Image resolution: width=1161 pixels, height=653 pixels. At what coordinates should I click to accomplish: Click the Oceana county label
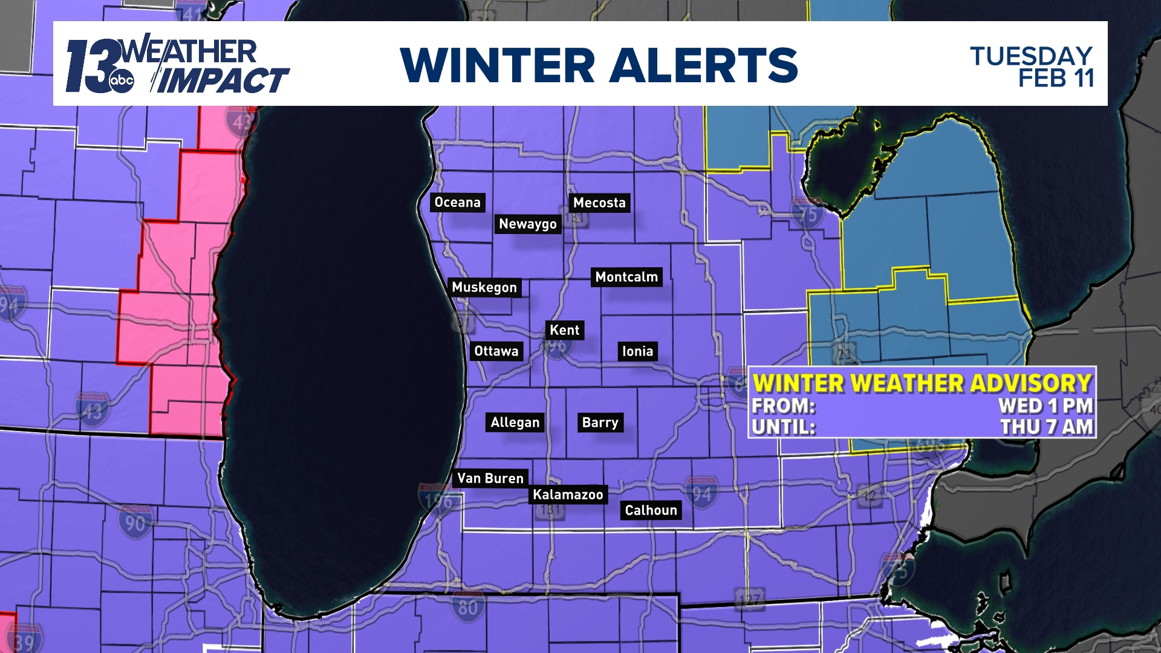pos(457,203)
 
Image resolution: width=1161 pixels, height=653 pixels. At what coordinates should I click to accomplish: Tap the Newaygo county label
pos(528,224)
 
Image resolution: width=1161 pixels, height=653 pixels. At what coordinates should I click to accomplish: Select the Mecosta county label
pos(599,203)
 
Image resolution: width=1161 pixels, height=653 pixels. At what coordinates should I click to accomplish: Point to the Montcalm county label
pos(626,277)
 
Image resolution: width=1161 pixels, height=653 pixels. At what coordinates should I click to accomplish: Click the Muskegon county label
pos(484,287)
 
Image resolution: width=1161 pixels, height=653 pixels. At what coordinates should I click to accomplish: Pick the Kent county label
pos(565,330)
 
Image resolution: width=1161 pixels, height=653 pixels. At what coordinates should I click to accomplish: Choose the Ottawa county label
pos(496,351)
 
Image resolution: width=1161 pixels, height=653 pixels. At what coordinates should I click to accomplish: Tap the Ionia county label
pos(637,351)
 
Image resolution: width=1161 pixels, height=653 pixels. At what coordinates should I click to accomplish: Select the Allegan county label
pos(515,423)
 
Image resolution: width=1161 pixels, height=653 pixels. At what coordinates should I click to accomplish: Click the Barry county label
pos(600,423)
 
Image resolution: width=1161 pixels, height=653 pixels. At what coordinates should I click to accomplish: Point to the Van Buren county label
pos(490,478)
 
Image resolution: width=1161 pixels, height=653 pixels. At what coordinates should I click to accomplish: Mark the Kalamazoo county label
pos(568,495)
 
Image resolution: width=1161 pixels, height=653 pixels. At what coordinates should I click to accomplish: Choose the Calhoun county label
pos(651,510)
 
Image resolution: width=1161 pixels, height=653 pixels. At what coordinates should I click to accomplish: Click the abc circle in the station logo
pos(122,81)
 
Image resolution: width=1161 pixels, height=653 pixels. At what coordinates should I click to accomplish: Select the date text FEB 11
pos(1056,79)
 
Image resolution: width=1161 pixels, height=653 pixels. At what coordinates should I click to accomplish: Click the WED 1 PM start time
pos(1046,406)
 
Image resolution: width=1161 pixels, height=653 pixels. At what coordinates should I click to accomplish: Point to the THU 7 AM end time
pos(1046,427)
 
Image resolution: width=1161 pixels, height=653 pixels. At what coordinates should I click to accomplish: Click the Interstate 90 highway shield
pos(135,522)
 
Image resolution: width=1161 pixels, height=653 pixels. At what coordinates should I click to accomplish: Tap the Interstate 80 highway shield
pos(467,606)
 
